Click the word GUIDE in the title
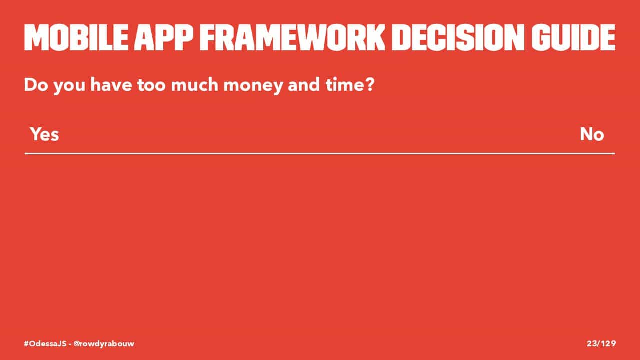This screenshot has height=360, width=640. tap(573, 38)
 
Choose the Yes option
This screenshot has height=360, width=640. tap(45, 134)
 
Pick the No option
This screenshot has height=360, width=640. tap(592, 134)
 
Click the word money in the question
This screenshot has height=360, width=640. tap(253, 85)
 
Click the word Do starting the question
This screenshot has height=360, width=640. tap(36, 85)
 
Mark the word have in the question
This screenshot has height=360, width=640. tap(111, 85)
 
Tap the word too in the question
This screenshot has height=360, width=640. tap(151, 85)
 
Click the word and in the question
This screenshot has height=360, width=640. tap(304, 85)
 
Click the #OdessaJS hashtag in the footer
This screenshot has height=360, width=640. tap(45, 343)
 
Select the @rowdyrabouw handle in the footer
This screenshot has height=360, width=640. tap(104, 344)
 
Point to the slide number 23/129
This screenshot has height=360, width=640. tap(601, 343)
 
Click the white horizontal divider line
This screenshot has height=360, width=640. tap(320, 153)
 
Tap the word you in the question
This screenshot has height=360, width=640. tap(69, 86)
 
